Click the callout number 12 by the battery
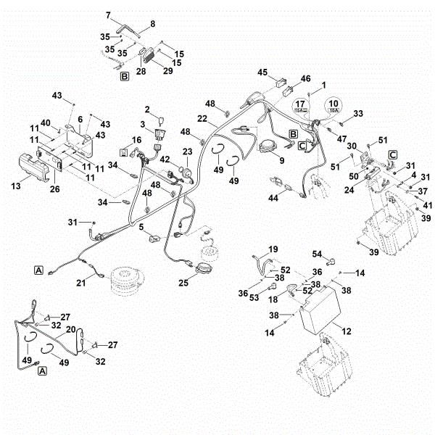(x=347, y=331)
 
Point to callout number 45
(x=262, y=72)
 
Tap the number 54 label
(x=317, y=254)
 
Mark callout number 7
(x=109, y=14)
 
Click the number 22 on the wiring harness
(x=204, y=118)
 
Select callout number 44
(x=273, y=198)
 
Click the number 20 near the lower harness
(x=71, y=329)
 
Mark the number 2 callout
(x=148, y=109)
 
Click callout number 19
(x=273, y=249)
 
